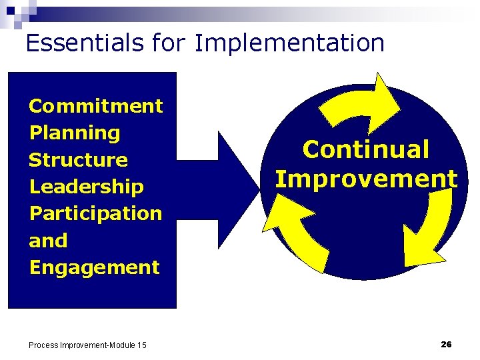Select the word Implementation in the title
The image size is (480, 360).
pyautogui.click(x=289, y=43)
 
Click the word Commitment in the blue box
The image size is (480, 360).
pyautogui.click(x=96, y=106)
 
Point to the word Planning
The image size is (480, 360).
pyautogui.click(x=75, y=133)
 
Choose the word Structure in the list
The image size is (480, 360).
pyautogui.click(x=79, y=160)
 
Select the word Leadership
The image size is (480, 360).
pyautogui.click(x=87, y=187)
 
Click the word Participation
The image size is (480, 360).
pyautogui.click(x=96, y=213)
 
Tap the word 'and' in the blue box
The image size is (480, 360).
pyautogui.click(x=48, y=241)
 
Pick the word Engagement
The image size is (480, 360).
pyautogui.click(x=95, y=267)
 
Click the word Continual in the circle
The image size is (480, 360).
pyautogui.click(x=366, y=149)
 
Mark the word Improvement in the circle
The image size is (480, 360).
pyautogui.click(x=366, y=179)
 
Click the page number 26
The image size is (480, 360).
pyautogui.click(x=446, y=344)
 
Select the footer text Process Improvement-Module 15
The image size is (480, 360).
pyautogui.click(x=87, y=345)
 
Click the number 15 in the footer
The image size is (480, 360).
pyautogui.click(x=141, y=345)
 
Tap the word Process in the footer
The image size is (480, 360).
pyautogui.click(x=43, y=345)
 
